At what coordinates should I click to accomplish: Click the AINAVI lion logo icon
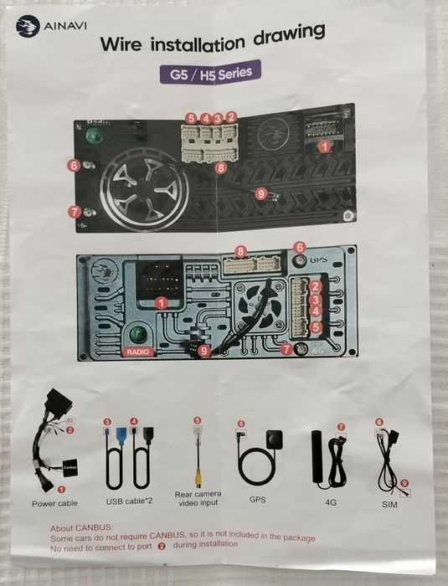28,25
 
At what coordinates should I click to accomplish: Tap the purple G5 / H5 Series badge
210,72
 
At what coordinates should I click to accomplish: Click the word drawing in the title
289,35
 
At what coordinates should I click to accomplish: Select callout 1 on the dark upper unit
325,146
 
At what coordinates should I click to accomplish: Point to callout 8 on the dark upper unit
221,167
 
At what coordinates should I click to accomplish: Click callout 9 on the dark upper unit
260,193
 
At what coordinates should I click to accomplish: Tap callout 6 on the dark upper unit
74,165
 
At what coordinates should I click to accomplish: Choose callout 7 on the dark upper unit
75,212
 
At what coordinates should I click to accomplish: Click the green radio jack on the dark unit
95,135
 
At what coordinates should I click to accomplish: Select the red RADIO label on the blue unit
137,352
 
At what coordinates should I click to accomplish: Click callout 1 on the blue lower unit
161,303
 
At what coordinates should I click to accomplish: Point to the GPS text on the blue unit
318,259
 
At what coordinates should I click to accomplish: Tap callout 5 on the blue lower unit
316,327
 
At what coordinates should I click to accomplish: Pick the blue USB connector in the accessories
121,436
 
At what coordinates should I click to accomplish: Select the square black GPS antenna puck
274,440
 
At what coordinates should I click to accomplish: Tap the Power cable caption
54,503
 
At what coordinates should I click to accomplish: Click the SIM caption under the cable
389,505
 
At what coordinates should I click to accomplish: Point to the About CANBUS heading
81,528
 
